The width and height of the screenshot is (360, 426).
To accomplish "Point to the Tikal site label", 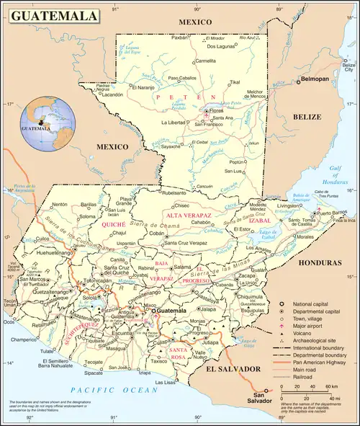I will tap(235, 82).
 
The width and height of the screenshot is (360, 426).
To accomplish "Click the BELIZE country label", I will tap(312, 116).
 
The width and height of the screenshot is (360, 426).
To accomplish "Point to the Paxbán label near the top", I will tap(179, 37).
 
